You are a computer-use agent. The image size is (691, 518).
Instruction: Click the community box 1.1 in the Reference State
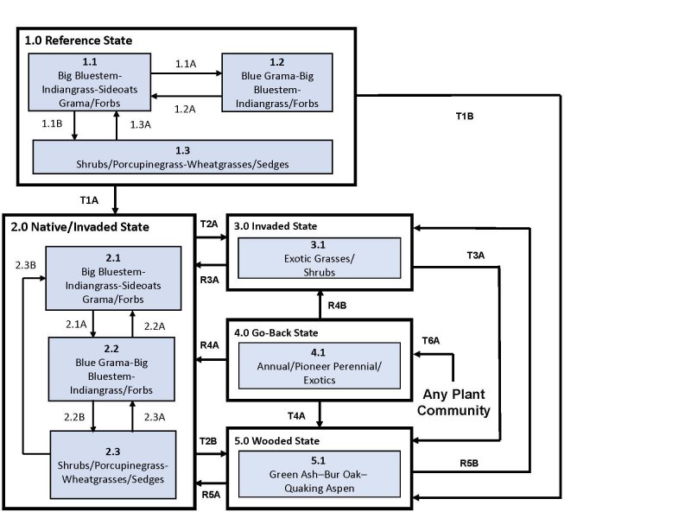click(90, 82)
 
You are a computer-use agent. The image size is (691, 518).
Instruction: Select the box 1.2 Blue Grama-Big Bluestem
click(276, 82)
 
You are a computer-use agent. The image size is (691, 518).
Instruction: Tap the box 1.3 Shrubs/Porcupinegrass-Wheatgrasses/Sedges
click(182, 156)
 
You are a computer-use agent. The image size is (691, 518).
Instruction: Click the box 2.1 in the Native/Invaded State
click(113, 278)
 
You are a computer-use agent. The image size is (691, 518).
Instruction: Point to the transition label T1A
click(89, 200)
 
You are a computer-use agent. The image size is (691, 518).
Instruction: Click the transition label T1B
click(465, 116)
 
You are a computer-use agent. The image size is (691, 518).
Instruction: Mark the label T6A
click(430, 341)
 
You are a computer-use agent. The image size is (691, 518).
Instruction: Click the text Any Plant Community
click(453, 401)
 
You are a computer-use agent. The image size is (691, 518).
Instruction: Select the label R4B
click(339, 304)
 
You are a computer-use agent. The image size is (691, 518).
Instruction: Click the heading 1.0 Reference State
click(78, 41)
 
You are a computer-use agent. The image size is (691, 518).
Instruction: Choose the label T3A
click(477, 256)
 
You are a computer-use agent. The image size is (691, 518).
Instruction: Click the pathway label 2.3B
click(26, 264)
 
